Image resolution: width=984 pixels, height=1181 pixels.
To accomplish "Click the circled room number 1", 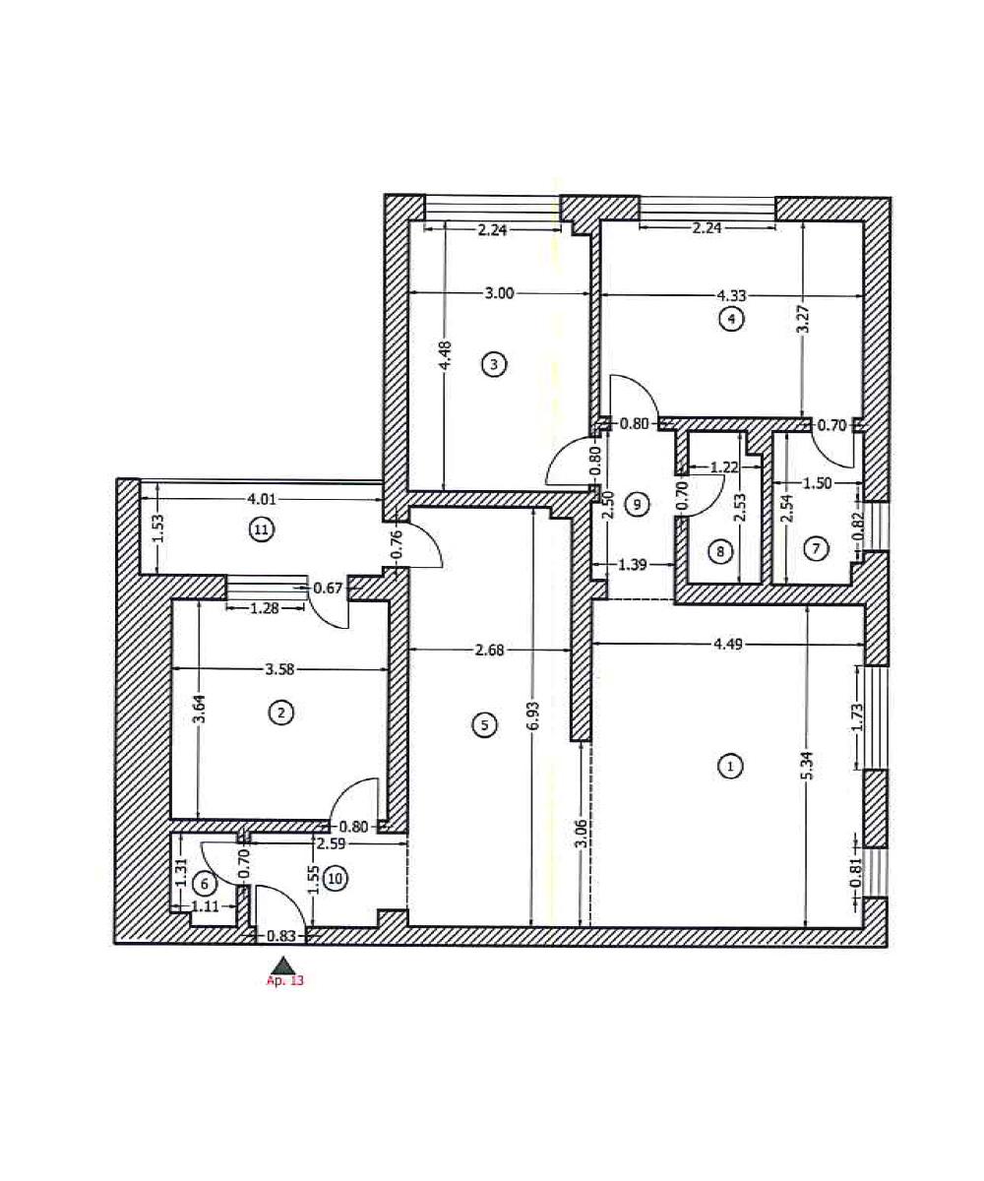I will click(729, 766).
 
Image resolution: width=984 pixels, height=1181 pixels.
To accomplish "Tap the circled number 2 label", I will click(281, 714).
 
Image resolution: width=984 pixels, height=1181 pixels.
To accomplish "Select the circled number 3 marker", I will click(494, 365).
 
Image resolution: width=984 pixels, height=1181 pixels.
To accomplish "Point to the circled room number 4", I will click(731, 318).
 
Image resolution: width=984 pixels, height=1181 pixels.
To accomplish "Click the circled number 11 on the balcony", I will click(261, 529).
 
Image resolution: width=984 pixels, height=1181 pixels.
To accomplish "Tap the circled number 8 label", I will click(720, 552).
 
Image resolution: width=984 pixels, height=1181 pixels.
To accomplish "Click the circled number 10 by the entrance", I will click(336, 879).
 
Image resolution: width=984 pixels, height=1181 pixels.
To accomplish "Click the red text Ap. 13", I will click(285, 981).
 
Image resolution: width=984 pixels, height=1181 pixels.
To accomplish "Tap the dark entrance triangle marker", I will click(283, 964).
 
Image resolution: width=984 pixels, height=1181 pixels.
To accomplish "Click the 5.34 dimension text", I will click(806, 767).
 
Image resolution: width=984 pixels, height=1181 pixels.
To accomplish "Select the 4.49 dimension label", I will click(730, 645).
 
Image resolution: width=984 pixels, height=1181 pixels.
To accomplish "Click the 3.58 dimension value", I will click(282, 670).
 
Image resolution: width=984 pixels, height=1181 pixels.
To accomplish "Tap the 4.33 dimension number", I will click(733, 293).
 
